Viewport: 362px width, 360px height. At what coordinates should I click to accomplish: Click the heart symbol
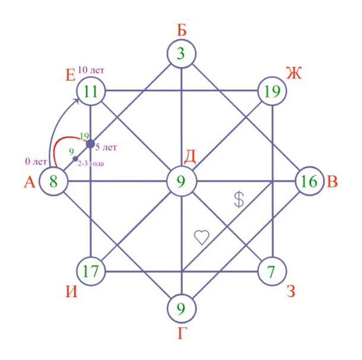[202, 237]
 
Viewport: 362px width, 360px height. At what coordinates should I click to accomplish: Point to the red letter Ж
[294, 73]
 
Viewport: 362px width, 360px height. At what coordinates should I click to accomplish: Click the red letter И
[72, 292]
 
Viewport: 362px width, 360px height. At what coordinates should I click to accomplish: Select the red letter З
[291, 291]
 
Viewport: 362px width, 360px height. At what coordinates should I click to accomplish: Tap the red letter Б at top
[182, 30]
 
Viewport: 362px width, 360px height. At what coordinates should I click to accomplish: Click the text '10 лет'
[91, 70]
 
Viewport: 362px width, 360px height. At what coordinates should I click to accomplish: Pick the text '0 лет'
[36, 161]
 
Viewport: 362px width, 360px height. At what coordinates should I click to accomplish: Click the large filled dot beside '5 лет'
[90, 144]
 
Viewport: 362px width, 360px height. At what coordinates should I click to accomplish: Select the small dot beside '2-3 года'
[75, 159]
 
